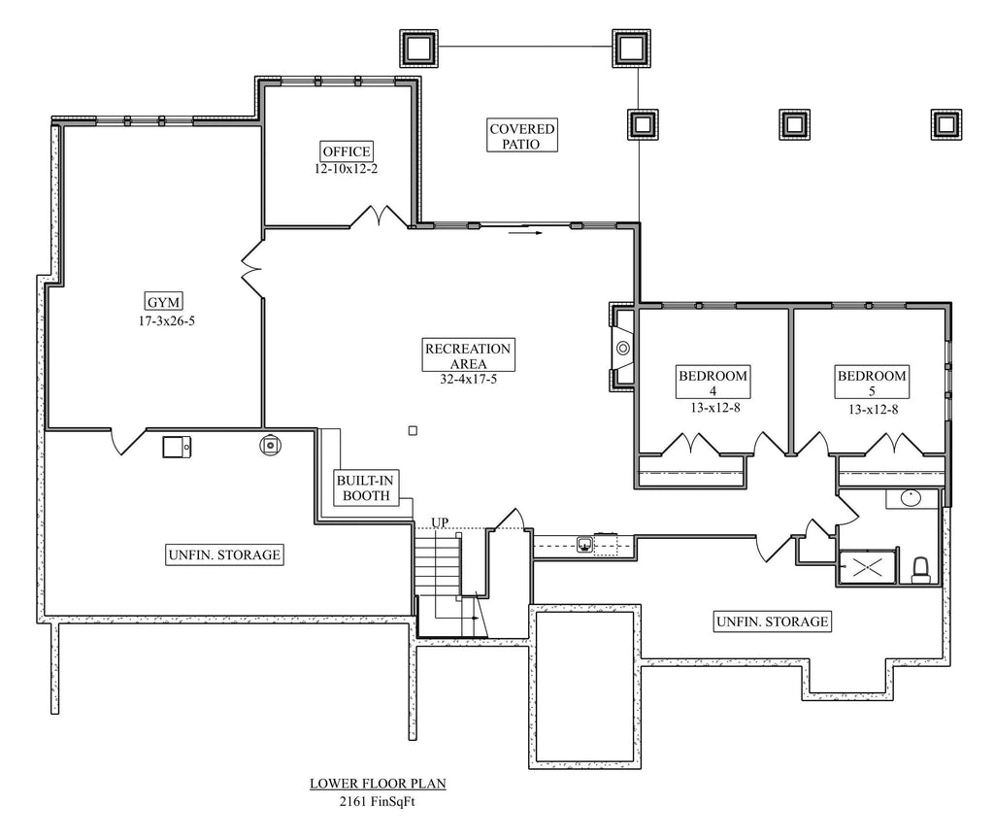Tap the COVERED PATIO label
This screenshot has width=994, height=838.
tap(521, 136)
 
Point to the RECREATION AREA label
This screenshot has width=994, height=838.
tap(468, 355)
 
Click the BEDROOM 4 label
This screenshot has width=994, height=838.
tap(712, 383)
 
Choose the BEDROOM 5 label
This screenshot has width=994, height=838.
tap(872, 383)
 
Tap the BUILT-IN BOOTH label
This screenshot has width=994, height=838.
tap(363, 487)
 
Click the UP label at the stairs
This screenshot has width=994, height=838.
tap(440, 522)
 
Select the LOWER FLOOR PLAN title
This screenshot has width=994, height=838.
tap(378, 783)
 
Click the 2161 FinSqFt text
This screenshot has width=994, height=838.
tap(378, 801)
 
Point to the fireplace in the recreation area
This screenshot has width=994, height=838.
tap(621, 347)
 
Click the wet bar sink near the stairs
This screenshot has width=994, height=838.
tap(585, 544)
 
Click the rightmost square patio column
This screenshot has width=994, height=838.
tap(945, 123)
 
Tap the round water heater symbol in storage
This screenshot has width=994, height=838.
tap(271, 445)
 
